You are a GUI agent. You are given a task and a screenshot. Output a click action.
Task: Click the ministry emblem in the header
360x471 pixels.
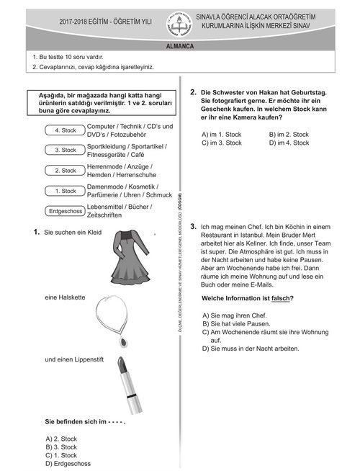179,24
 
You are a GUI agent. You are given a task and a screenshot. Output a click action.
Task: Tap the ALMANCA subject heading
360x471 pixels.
180,46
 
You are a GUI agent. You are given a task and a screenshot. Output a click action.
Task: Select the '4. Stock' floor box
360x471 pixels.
65,130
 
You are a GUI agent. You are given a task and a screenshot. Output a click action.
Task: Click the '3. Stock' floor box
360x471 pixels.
65,150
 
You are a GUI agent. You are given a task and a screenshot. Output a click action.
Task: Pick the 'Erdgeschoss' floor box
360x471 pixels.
65,211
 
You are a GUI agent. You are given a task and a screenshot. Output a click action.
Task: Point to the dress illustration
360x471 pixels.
130,257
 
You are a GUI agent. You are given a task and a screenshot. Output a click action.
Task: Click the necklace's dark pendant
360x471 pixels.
123,341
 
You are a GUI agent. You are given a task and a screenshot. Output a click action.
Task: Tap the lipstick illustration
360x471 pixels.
130,385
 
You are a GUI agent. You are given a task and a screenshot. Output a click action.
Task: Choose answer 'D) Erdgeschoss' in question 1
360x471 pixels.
68,464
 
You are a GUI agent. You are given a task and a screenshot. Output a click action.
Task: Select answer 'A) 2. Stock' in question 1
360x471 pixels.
61,439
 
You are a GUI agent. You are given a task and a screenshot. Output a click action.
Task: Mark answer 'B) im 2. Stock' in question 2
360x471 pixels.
289,134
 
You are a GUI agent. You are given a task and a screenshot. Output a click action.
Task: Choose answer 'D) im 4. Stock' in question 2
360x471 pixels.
289,143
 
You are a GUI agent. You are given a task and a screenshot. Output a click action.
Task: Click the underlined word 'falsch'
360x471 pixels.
280,298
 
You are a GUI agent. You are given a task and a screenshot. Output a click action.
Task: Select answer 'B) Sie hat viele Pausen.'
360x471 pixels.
236,324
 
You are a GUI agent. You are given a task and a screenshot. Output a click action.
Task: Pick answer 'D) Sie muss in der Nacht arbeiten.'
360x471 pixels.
251,349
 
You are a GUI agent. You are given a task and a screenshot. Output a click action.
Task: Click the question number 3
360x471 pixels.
193,226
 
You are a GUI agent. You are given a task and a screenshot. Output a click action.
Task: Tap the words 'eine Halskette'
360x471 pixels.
65,297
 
